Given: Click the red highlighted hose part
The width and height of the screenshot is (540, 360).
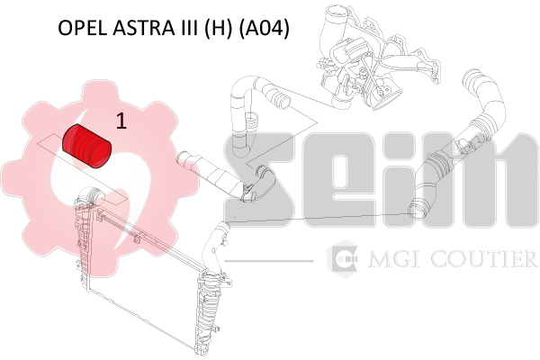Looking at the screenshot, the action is [x=86, y=147].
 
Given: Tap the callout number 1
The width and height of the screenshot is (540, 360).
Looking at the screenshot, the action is [x=121, y=121].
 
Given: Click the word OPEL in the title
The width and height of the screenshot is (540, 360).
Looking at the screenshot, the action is [x=82, y=28].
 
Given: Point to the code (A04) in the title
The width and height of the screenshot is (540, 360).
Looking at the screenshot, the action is [x=264, y=28].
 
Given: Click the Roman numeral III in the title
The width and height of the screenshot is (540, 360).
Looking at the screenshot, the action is [x=190, y=28].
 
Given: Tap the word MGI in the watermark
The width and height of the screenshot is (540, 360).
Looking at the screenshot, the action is [x=393, y=259].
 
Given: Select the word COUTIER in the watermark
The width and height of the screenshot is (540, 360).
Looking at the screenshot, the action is [x=484, y=259].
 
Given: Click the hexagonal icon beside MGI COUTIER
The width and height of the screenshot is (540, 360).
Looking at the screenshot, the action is [x=342, y=258].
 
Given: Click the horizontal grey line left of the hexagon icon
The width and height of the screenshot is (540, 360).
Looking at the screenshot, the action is [x=268, y=261].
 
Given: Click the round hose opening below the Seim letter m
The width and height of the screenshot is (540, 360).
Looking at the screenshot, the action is [x=417, y=210].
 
